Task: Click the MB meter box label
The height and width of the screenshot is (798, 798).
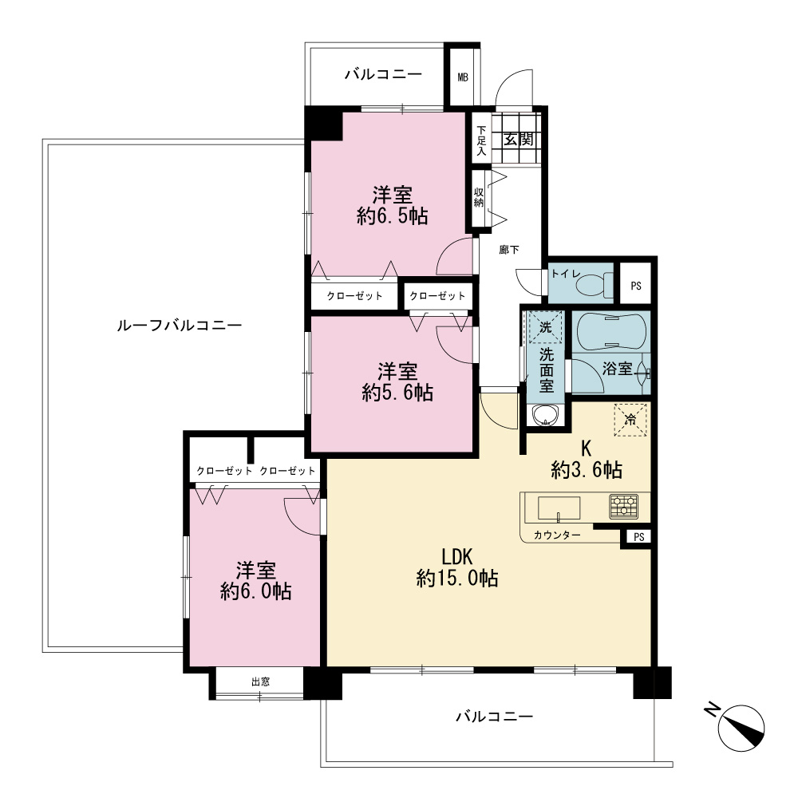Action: click(x=463, y=77)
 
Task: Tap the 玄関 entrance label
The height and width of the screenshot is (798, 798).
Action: click(x=519, y=139)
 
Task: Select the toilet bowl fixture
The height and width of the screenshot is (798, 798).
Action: click(x=595, y=285)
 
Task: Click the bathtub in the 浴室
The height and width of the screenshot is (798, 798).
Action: click(x=611, y=330)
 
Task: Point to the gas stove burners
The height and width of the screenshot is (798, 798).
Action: click(x=623, y=507)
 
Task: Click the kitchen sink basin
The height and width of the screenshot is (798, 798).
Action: click(x=559, y=508)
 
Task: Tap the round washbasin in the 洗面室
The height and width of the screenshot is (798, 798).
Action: click(x=545, y=415)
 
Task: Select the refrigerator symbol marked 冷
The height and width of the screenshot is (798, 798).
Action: click(x=630, y=420)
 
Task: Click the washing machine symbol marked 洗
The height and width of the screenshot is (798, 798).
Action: click(x=546, y=327)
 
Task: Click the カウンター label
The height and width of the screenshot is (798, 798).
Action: click(x=557, y=535)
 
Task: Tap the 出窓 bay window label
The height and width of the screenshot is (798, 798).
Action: click(x=261, y=681)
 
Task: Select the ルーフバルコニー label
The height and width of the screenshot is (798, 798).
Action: click(x=179, y=326)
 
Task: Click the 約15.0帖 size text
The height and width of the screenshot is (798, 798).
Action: click(x=457, y=579)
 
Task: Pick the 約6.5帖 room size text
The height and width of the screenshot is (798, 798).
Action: click(x=393, y=216)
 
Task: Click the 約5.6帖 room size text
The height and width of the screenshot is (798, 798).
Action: click(x=397, y=393)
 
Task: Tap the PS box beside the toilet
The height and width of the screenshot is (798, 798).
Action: click(x=636, y=286)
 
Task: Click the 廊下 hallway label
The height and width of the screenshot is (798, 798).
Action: click(x=509, y=249)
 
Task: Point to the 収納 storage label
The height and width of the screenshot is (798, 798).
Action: click(x=478, y=198)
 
